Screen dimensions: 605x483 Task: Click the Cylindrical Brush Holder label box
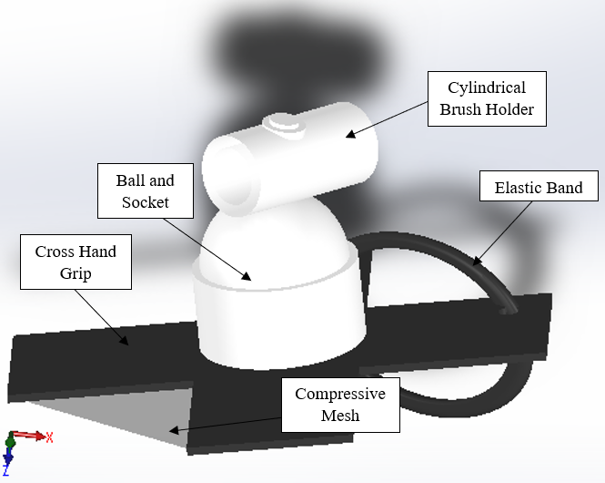tap(487, 98)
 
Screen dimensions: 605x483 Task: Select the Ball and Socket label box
tap(146, 190)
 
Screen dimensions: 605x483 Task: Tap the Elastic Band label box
tap(539, 186)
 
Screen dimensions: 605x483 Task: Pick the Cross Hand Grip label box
tap(76, 262)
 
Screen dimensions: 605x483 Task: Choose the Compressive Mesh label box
tap(340, 405)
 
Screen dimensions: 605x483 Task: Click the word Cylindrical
tap(487, 88)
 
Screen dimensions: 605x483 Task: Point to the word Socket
tap(146, 202)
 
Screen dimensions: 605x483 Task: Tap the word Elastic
tap(516, 188)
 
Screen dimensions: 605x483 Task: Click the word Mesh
tap(340, 416)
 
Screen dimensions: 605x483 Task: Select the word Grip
tap(76, 273)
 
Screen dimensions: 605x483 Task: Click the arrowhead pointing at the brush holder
tap(350, 134)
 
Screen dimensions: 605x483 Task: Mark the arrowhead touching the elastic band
tap(478, 261)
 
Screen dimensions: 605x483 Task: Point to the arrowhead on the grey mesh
tap(175, 429)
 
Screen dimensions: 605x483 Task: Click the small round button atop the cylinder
tap(285, 125)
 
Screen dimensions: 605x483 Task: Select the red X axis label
tap(49, 437)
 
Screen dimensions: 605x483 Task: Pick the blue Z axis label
tap(5, 470)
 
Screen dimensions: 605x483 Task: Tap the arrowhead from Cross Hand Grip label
tap(124, 341)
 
